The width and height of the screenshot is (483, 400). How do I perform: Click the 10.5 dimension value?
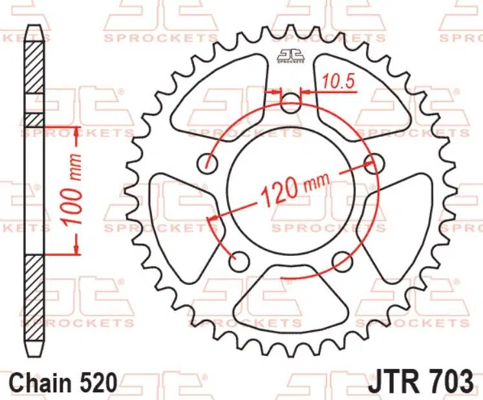click(339, 82)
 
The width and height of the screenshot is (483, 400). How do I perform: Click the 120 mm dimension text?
click(295, 190)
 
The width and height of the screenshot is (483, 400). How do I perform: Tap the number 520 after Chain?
click(98, 383)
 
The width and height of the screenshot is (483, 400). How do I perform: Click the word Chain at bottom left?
click(41, 383)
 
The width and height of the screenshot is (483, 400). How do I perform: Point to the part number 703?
click(451, 381)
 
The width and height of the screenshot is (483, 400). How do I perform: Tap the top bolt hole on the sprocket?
click(290, 103)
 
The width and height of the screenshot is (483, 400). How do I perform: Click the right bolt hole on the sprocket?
click(374, 163)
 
